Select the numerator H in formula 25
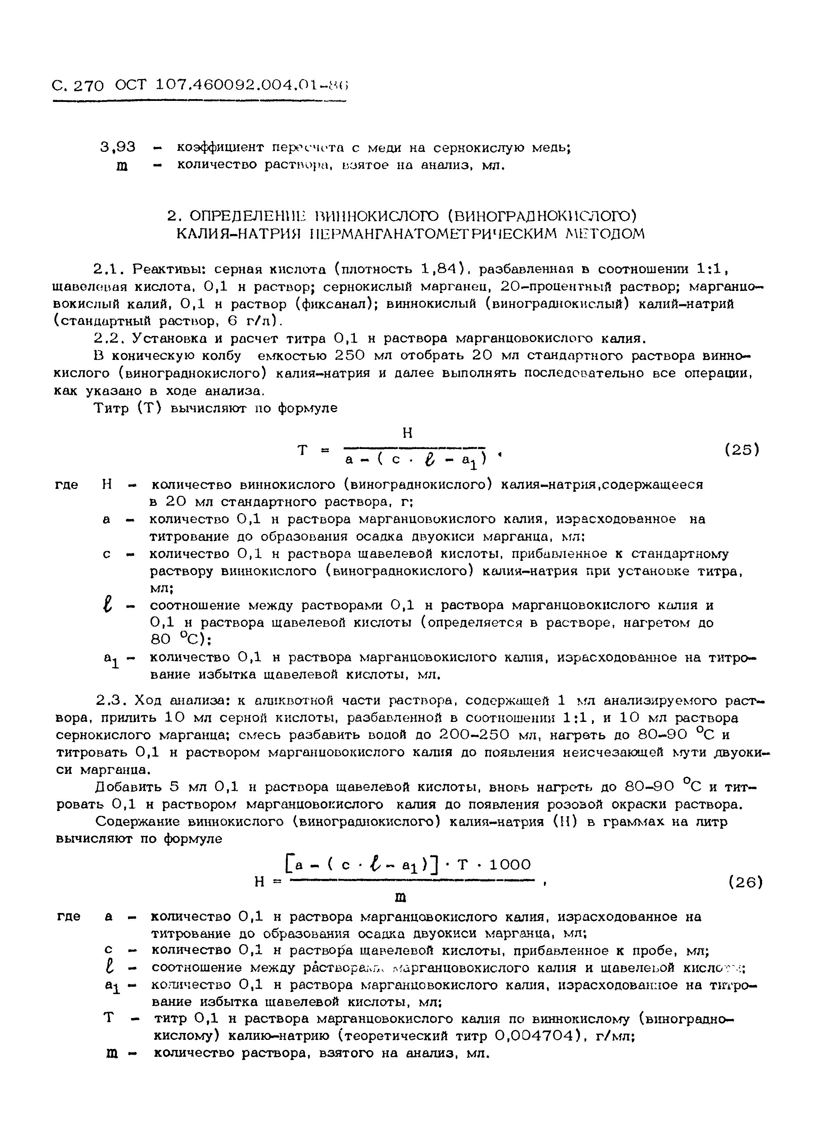[408, 432]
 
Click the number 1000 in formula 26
[510, 865]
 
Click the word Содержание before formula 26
[138, 822]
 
